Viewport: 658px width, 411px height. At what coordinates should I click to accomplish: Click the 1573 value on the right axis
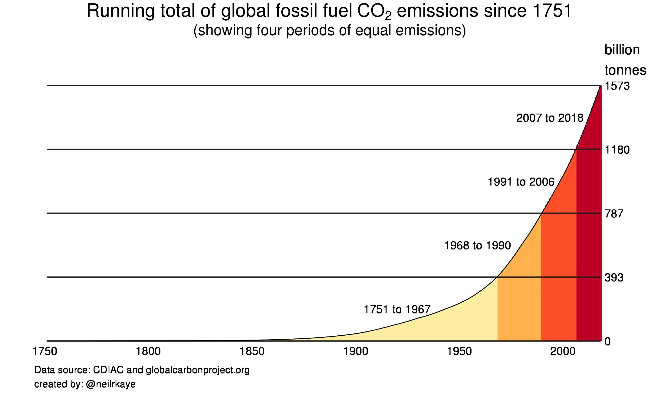click(617, 86)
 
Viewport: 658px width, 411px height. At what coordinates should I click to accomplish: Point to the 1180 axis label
click(617, 150)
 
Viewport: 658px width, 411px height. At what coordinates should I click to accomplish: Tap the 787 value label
click(614, 214)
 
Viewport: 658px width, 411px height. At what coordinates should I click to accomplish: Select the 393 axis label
click(614, 278)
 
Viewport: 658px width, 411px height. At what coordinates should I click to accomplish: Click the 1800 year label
click(148, 351)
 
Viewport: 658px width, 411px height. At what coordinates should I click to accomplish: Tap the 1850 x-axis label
click(252, 351)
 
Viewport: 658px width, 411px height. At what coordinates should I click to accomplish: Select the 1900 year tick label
click(356, 351)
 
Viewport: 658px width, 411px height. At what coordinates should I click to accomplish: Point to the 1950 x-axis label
click(459, 351)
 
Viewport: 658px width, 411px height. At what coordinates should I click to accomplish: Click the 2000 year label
click(563, 351)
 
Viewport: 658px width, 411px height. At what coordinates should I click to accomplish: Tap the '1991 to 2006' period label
click(521, 182)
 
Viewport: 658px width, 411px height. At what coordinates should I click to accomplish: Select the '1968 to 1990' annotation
click(477, 246)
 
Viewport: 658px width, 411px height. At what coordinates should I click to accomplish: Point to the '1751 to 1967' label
click(397, 309)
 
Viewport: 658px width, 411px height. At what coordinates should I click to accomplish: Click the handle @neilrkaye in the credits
click(111, 384)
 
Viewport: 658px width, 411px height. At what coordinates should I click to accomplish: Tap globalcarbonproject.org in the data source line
click(198, 370)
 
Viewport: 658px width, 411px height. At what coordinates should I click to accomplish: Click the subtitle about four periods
click(329, 30)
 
